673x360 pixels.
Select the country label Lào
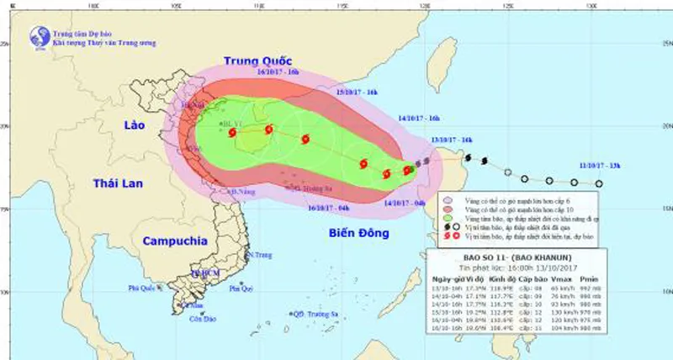133,125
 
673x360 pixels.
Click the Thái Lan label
114,183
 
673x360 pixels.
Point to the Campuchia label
174,241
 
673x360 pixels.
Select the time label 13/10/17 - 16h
451,139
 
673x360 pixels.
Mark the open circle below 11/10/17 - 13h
599,183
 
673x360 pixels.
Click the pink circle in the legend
446,200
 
